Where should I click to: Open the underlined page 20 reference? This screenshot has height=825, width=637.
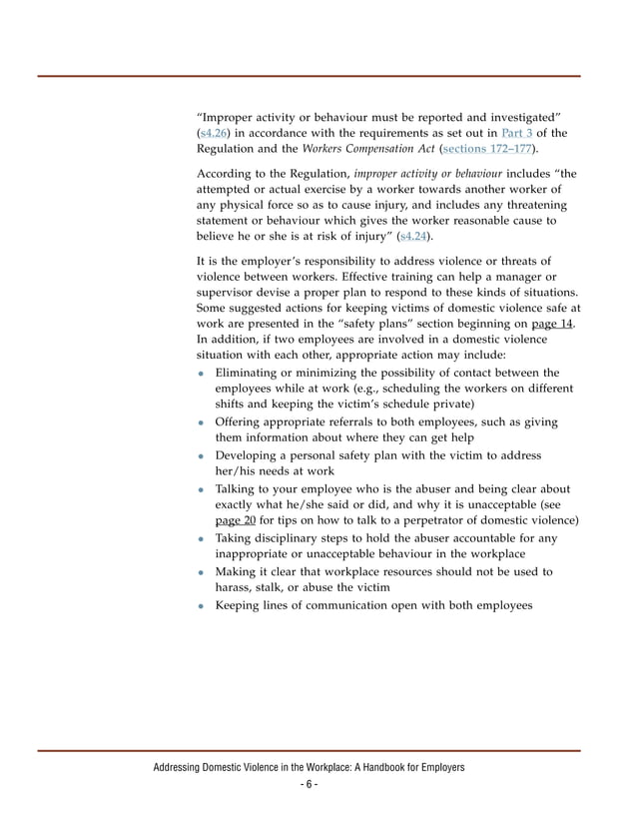[x=236, y=520]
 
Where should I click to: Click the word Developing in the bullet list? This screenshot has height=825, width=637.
[x=250, y=455]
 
